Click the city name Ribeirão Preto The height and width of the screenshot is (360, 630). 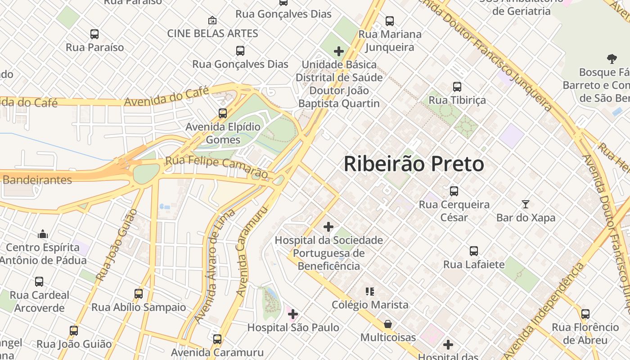coord(414,164)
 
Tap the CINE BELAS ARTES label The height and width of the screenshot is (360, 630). coord(212,33)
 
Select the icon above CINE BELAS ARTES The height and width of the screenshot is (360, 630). coord(212,20)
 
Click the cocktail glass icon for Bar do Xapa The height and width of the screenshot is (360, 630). coord(525,204)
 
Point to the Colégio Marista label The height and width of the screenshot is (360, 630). coord(370,305)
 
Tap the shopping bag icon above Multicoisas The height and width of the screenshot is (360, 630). coord(387,324)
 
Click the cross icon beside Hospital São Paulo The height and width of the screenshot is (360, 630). coord(293,314)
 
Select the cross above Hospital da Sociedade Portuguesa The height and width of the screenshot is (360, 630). coord(328,226)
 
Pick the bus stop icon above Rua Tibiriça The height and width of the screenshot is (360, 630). coord(457,87)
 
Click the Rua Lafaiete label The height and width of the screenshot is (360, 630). coord(474,264)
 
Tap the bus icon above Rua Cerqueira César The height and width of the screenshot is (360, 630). coord(454,191)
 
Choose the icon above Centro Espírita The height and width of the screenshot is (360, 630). coord(43,234)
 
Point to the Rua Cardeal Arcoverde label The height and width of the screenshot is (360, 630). coord(40,301)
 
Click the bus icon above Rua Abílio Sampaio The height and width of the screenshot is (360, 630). coord(139,294)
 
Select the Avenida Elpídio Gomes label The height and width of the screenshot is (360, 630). coord(223,133)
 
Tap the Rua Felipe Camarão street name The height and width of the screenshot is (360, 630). coord(216,166)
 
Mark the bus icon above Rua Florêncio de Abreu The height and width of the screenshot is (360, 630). coord(585,314)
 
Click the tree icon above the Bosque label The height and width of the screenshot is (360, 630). coord(612,58)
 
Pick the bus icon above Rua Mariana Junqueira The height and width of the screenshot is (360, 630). coord(390,21)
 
